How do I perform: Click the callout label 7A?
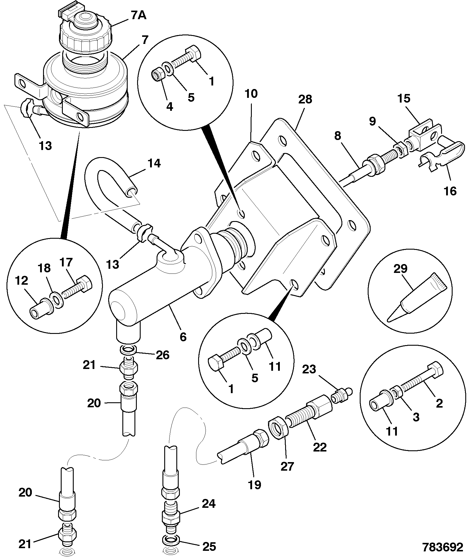tap(138, 15)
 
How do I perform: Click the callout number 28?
tap(305, 100)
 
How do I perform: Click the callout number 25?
tap(209, 547)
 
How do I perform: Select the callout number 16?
tap(449, 191)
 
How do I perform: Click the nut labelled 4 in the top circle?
tap(159, 75)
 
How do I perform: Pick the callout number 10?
tap(251, 94)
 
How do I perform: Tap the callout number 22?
tap(320, 447)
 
